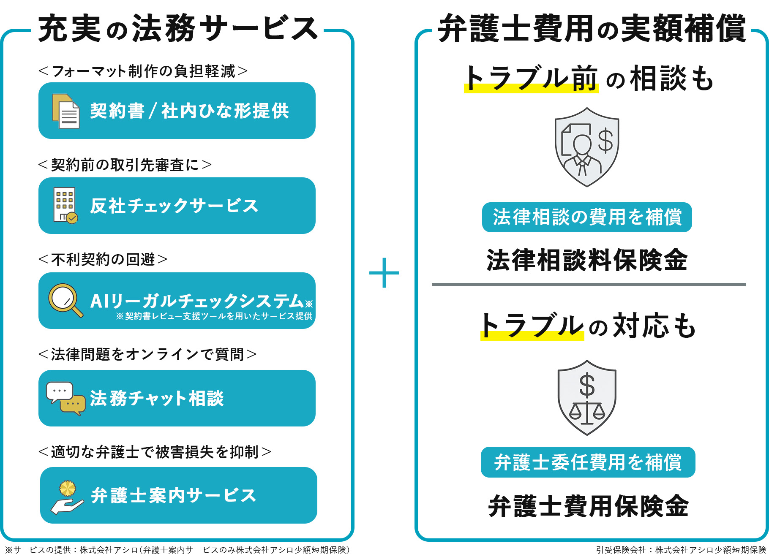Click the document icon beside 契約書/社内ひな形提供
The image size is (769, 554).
coord(66,111)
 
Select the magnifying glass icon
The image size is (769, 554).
coord(65,300)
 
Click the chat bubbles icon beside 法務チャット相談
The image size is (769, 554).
coord(65,398)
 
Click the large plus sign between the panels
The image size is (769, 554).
coord(384,273)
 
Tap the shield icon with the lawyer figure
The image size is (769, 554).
coord(586,147)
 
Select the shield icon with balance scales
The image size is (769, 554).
coord(587,397)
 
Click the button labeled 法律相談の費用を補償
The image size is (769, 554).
coord(587,217)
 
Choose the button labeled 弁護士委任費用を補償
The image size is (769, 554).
coord(588,462)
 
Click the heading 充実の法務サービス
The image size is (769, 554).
coord(178,29)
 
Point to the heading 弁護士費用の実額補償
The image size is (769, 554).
coord(592,29)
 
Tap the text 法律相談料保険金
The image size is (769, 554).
coord(587,260)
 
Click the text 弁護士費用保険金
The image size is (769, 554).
coord(588,506)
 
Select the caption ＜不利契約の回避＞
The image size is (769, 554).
coord(103,259)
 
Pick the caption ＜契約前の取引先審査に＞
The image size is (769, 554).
coord(125,165)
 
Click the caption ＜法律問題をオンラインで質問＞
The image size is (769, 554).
coord(147,354)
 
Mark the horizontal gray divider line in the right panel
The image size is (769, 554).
coord(589,285)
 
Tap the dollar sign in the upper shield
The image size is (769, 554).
coord(605,141)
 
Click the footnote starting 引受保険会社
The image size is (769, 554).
coord(681,549)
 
